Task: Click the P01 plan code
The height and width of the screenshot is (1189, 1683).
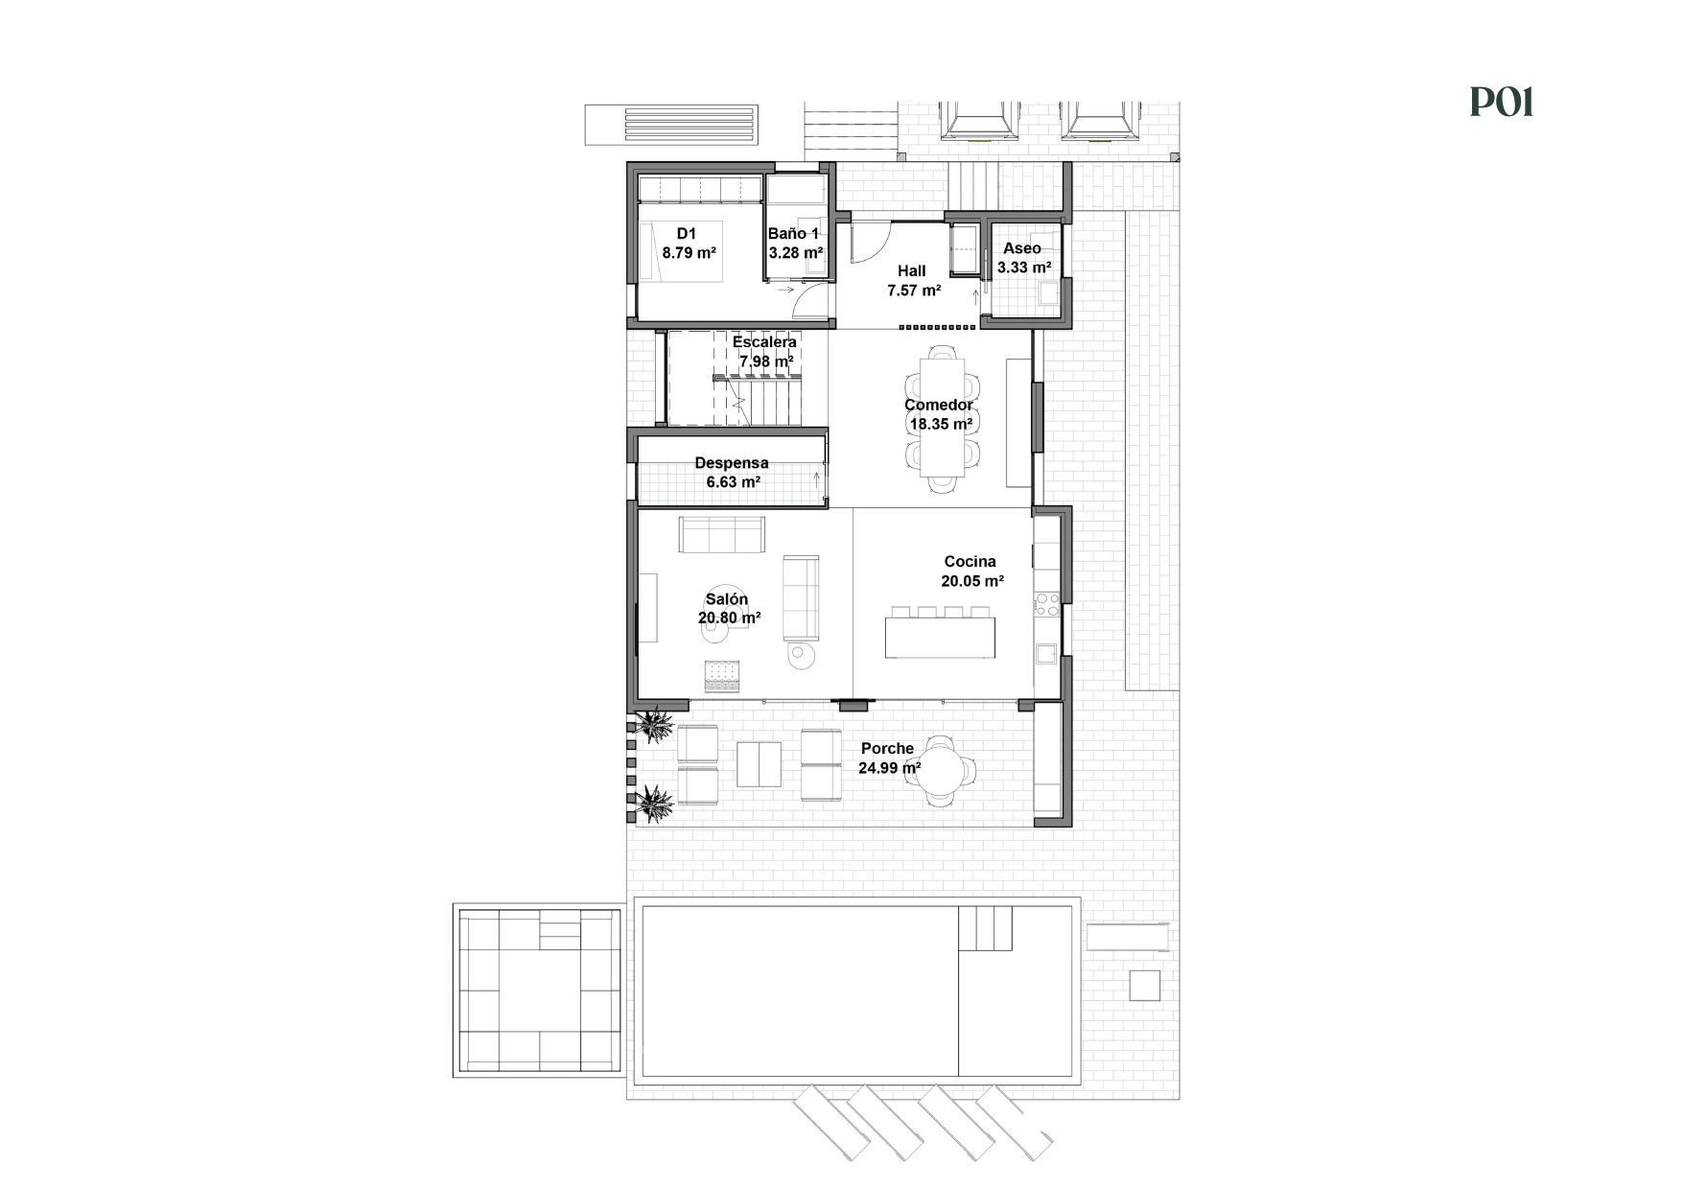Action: click(1502, 102)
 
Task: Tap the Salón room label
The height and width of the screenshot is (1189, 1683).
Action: click(726, 599)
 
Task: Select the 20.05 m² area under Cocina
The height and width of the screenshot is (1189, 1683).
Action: click(972, 581)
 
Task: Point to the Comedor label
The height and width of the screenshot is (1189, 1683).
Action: click(938, 405)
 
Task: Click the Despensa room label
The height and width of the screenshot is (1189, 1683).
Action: click(732, 463)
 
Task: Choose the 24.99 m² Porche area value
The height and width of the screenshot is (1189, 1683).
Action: click(889, 768)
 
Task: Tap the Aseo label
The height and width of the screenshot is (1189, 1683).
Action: click(1022, 248)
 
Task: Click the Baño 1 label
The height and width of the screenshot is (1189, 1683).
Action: click(794, 234)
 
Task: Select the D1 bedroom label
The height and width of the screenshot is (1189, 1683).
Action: click(687, 234)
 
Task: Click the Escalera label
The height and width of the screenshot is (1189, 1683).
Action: click(764, 342)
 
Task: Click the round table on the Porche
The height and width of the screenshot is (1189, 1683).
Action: click(941, 769)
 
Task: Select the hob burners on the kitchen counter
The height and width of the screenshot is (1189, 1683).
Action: click(1046, 604)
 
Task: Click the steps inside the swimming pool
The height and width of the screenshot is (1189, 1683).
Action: click(985, 928)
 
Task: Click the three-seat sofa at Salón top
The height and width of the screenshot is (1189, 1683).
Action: click(722, 534)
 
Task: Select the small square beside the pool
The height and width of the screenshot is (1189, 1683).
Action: click(1144, 985)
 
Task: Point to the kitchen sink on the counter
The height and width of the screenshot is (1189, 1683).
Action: click(1045, 653)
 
